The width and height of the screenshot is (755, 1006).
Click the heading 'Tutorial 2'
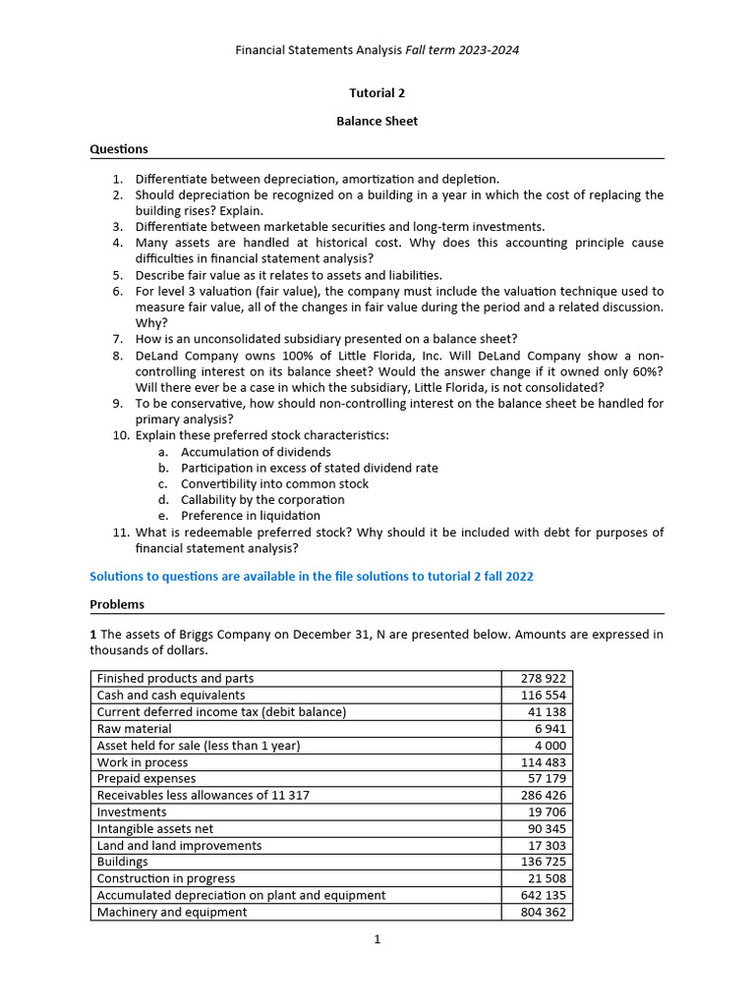377,93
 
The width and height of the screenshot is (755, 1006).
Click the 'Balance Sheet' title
377,121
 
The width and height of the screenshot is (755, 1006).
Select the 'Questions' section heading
119,149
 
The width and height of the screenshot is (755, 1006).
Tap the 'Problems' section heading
117,604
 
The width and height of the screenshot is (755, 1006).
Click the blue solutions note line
312,577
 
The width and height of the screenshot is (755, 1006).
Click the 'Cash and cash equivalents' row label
171,696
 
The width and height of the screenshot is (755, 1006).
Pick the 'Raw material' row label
134,729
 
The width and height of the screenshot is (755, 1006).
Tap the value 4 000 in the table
549,746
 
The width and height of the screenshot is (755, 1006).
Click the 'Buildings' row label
123,862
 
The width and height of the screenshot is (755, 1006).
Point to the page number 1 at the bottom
377,939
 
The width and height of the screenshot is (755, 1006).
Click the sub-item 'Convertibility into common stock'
274,483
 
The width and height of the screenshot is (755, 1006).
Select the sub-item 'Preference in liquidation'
251,516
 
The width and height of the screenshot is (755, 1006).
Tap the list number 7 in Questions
117,339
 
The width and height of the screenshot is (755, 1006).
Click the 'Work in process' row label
143,762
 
